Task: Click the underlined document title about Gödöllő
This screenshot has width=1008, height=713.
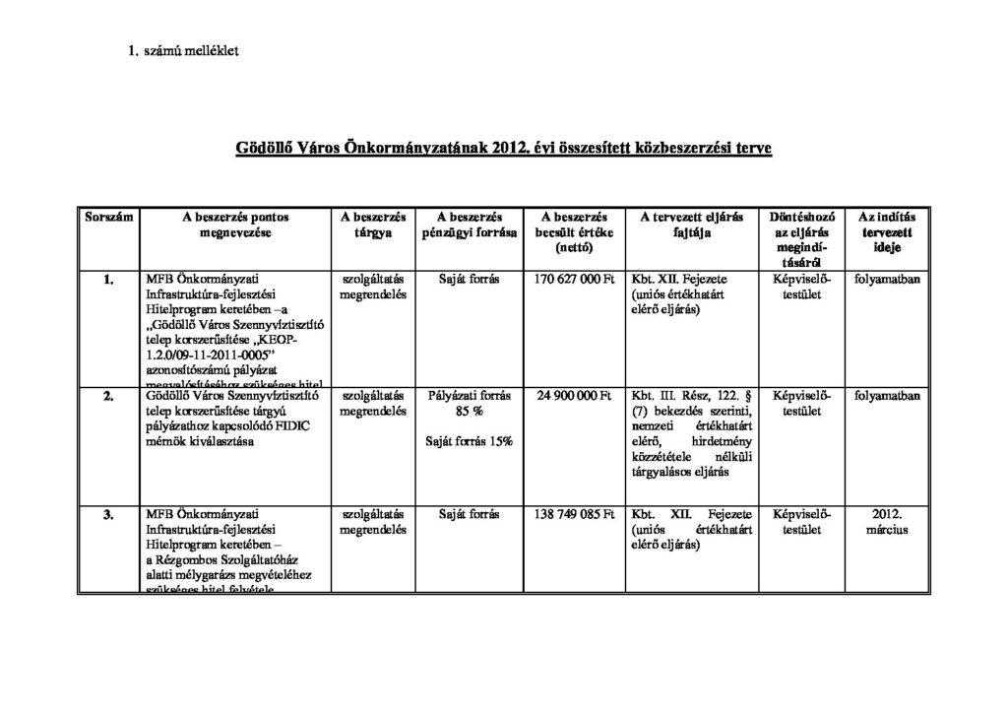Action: click(503, 149)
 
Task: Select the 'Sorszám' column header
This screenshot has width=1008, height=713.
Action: click(108, 217)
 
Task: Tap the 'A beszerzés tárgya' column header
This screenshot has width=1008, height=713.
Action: click(373, 225)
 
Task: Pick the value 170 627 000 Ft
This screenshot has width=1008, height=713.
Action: click(574, 280)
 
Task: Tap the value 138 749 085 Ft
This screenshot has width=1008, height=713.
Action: click(574, 514)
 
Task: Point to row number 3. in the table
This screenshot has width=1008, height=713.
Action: click(108, 514)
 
